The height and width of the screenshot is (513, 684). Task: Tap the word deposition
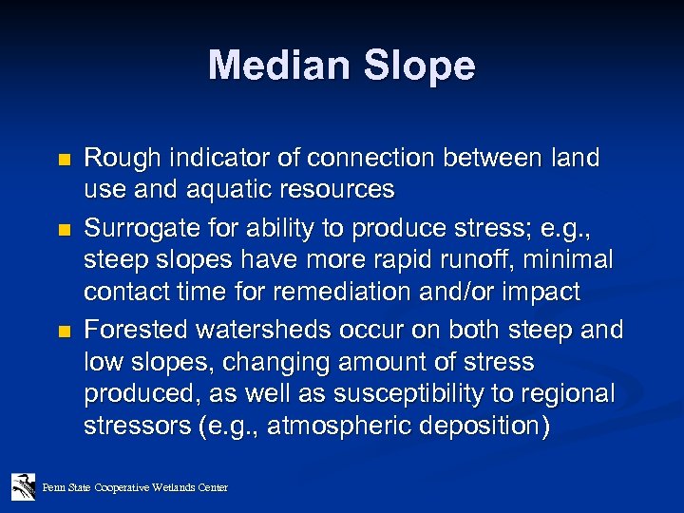point(484,424)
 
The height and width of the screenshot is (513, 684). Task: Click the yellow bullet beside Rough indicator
point(63,159)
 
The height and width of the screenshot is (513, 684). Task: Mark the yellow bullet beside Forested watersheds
point(63,331)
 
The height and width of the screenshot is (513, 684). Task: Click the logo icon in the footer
point(23,486)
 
